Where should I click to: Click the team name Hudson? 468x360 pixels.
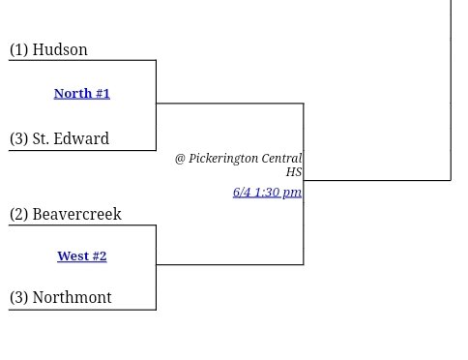(x=60, y=50)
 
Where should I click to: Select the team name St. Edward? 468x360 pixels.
(x=71, y=139)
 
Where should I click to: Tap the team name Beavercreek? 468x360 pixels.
(x=76, y=215)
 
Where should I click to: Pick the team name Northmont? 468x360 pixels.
(x=72, y=298)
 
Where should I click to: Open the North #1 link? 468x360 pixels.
(x=82, y=94)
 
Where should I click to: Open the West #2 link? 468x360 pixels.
(x=82, y=256)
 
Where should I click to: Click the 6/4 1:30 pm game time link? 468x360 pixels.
(x=267, y=192)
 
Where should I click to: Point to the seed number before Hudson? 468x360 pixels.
(x=19, y=50)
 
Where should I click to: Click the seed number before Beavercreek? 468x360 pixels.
(x=19, y=215)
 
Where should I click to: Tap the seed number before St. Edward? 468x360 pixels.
(x=19, y=139)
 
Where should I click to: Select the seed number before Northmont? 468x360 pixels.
(x=19, y=298)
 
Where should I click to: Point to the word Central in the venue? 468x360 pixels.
(x=281, y=158)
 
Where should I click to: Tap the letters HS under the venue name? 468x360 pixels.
(x=294, y=172)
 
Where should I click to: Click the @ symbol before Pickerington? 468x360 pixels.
(x=180, y=158)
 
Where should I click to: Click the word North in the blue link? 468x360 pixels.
(x=73, y=94)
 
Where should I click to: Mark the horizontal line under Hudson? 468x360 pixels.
(x=82, y=61)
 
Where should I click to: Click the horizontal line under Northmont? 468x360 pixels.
(x=82, y=310)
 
